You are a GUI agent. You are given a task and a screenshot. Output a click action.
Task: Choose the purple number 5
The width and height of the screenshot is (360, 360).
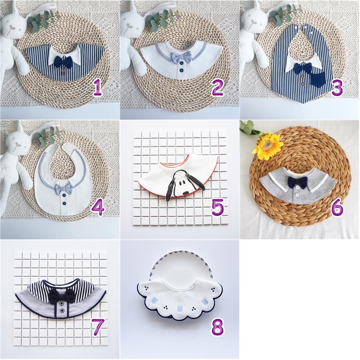click(217, 208)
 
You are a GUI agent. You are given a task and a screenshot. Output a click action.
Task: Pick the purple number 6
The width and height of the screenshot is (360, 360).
click(337, 208)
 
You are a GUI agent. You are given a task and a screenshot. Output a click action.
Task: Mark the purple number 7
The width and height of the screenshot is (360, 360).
click(98, 328)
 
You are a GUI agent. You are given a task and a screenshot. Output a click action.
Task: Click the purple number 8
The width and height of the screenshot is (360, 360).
click(217, 328)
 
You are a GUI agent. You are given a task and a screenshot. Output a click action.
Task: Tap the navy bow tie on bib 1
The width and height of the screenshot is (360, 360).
click(63, 60)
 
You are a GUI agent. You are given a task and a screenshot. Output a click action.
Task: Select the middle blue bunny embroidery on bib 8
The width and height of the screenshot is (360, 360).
click(179, 308)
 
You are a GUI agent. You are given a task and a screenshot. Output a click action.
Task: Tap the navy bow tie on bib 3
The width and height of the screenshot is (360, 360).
click(303, 68)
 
